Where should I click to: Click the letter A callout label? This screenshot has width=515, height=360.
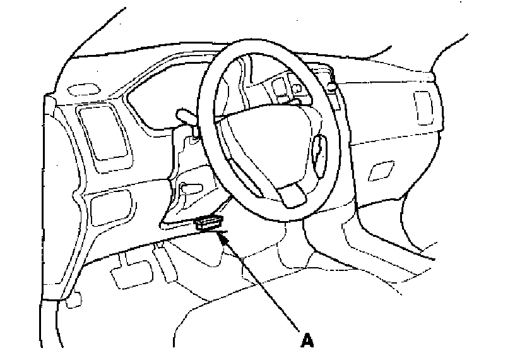pos(307,341)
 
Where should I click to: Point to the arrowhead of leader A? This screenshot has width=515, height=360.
pos(221,235)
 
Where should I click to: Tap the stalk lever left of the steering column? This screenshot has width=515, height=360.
pos(187,116)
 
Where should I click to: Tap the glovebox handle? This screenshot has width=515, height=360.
pos(381,171)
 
